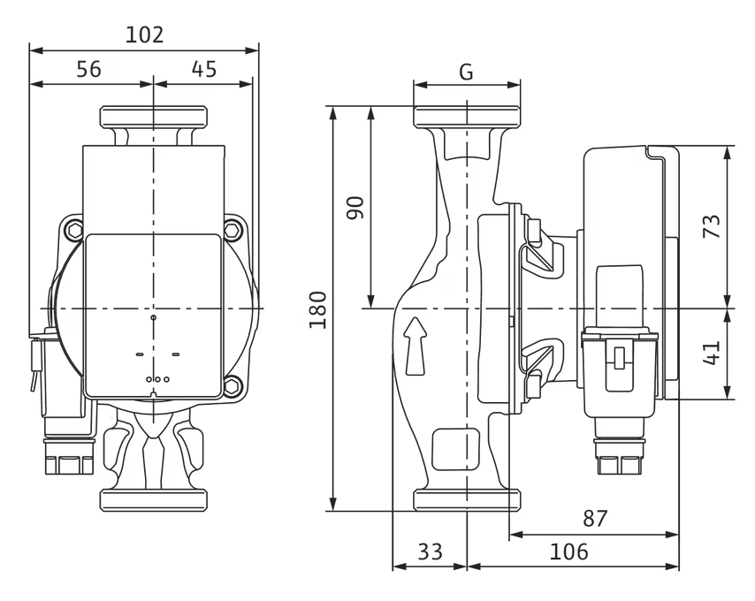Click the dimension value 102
pos(145,34)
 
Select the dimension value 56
pos(88,69)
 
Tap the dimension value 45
pos(203,69)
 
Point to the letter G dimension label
pos(466,72)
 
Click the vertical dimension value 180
pos(318,308)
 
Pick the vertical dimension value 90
pos(355,208)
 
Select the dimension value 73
pos(712,226)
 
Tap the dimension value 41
pos(712,354)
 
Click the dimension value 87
pos(595,519)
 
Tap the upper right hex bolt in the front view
pos(233,232)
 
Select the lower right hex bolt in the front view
pos(233,385)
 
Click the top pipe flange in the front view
pos(153,117)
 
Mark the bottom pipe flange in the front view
pos(153,499)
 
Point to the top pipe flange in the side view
pos(466,117)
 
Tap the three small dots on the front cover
pos(156,378)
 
